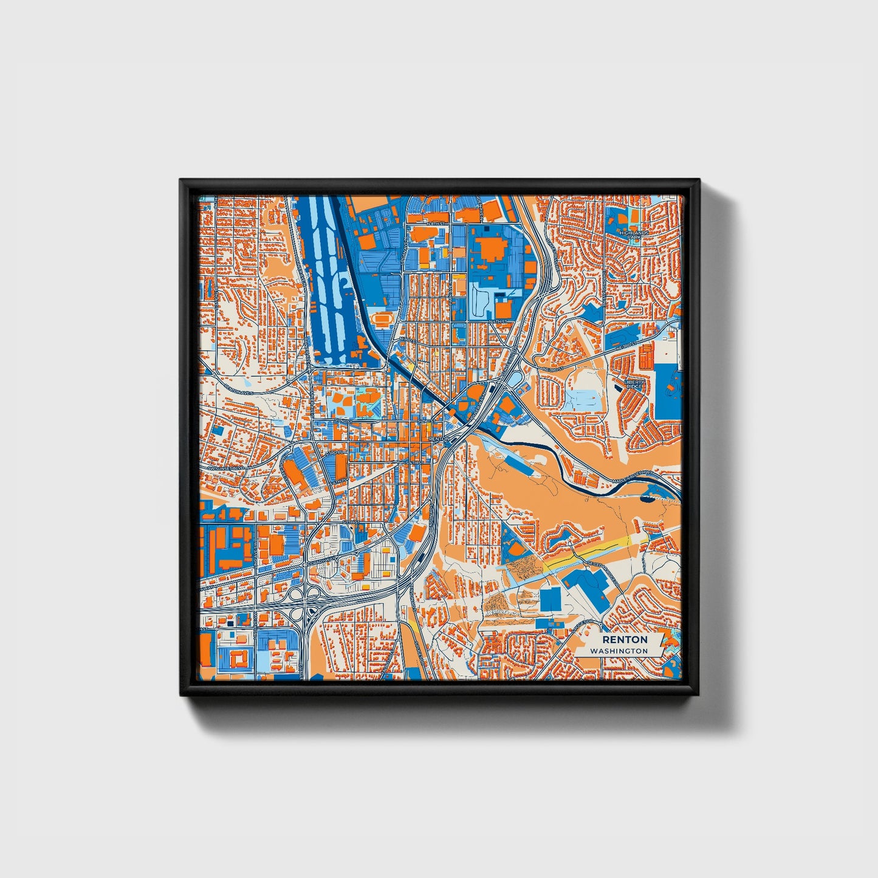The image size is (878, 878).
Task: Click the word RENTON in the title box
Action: pyautogui.click(x=625, y=640)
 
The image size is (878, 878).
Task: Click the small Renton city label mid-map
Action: pyautogui.click(x=439, y=439)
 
